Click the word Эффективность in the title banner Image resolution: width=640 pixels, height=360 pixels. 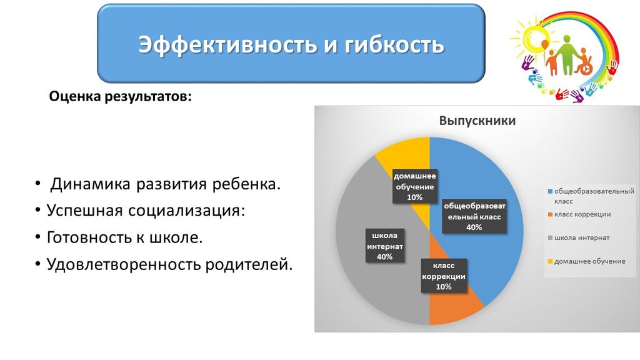(227, 44)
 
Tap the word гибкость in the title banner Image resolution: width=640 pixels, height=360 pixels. (394, 44)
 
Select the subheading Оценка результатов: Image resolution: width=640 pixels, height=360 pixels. (120, 97)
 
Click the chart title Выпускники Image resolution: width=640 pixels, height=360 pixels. (477, 121)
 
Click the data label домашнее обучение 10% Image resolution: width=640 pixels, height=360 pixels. (415, 186)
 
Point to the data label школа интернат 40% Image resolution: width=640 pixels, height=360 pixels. (384, 246)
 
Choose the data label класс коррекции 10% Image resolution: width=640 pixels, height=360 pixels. (444, 276)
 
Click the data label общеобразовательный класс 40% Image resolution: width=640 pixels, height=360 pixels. (474, 216)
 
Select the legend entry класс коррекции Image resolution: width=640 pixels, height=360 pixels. (579, 214)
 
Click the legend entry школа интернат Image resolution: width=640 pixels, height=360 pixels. (578, 237)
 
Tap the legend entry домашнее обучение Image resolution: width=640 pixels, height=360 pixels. (586, 261)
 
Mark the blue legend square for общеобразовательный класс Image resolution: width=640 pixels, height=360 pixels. (550, 191)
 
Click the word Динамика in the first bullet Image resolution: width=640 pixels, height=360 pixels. (90, 184)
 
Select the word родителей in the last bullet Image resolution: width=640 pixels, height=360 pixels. (249, 264)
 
